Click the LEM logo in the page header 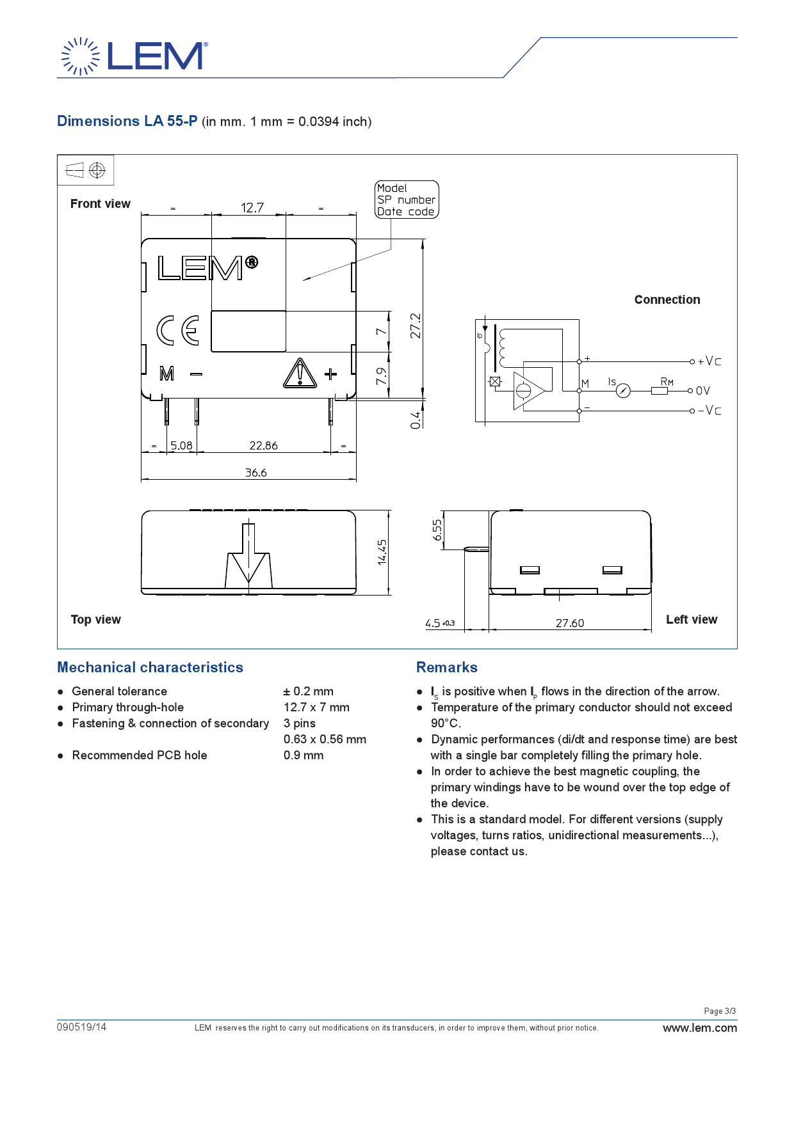click(134, 56)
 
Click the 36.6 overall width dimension click(256, 473)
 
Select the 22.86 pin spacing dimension click(264, 446)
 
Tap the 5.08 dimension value click(181, 446)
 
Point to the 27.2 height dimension click(416, 326)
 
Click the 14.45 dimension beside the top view click(382, 552)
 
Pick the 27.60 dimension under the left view click(570, 623)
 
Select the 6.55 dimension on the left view click(437, 530)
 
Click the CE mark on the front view click(178, 330)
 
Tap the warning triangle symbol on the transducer click(300, 374)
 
